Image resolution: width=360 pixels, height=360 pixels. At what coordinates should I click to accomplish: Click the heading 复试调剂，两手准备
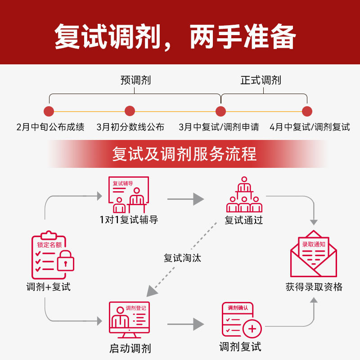point(175,36)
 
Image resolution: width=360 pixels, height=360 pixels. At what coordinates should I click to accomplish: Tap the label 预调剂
point(135,80)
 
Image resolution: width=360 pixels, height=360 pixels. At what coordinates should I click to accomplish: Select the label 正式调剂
point(261,80)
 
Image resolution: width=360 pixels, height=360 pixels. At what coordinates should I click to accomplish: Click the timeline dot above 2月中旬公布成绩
point(49,111)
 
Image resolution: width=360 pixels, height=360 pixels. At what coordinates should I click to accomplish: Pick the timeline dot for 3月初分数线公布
point(130,111)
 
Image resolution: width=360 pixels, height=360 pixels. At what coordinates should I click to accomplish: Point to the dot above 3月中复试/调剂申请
point(220,111)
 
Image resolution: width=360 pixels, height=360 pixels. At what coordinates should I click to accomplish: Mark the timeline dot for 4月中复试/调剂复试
point(307,111)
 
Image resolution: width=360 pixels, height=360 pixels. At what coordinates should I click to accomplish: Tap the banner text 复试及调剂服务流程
point(184,154)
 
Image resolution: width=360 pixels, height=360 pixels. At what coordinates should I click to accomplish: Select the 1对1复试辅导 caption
point(129,220)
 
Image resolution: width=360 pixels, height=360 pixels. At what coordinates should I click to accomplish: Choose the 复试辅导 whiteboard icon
point(129,194)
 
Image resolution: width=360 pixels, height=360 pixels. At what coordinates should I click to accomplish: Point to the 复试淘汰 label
point(182,258)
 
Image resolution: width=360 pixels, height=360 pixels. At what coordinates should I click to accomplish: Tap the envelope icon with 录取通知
point(313,254)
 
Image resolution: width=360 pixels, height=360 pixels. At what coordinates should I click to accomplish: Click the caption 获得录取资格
point(314,287)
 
